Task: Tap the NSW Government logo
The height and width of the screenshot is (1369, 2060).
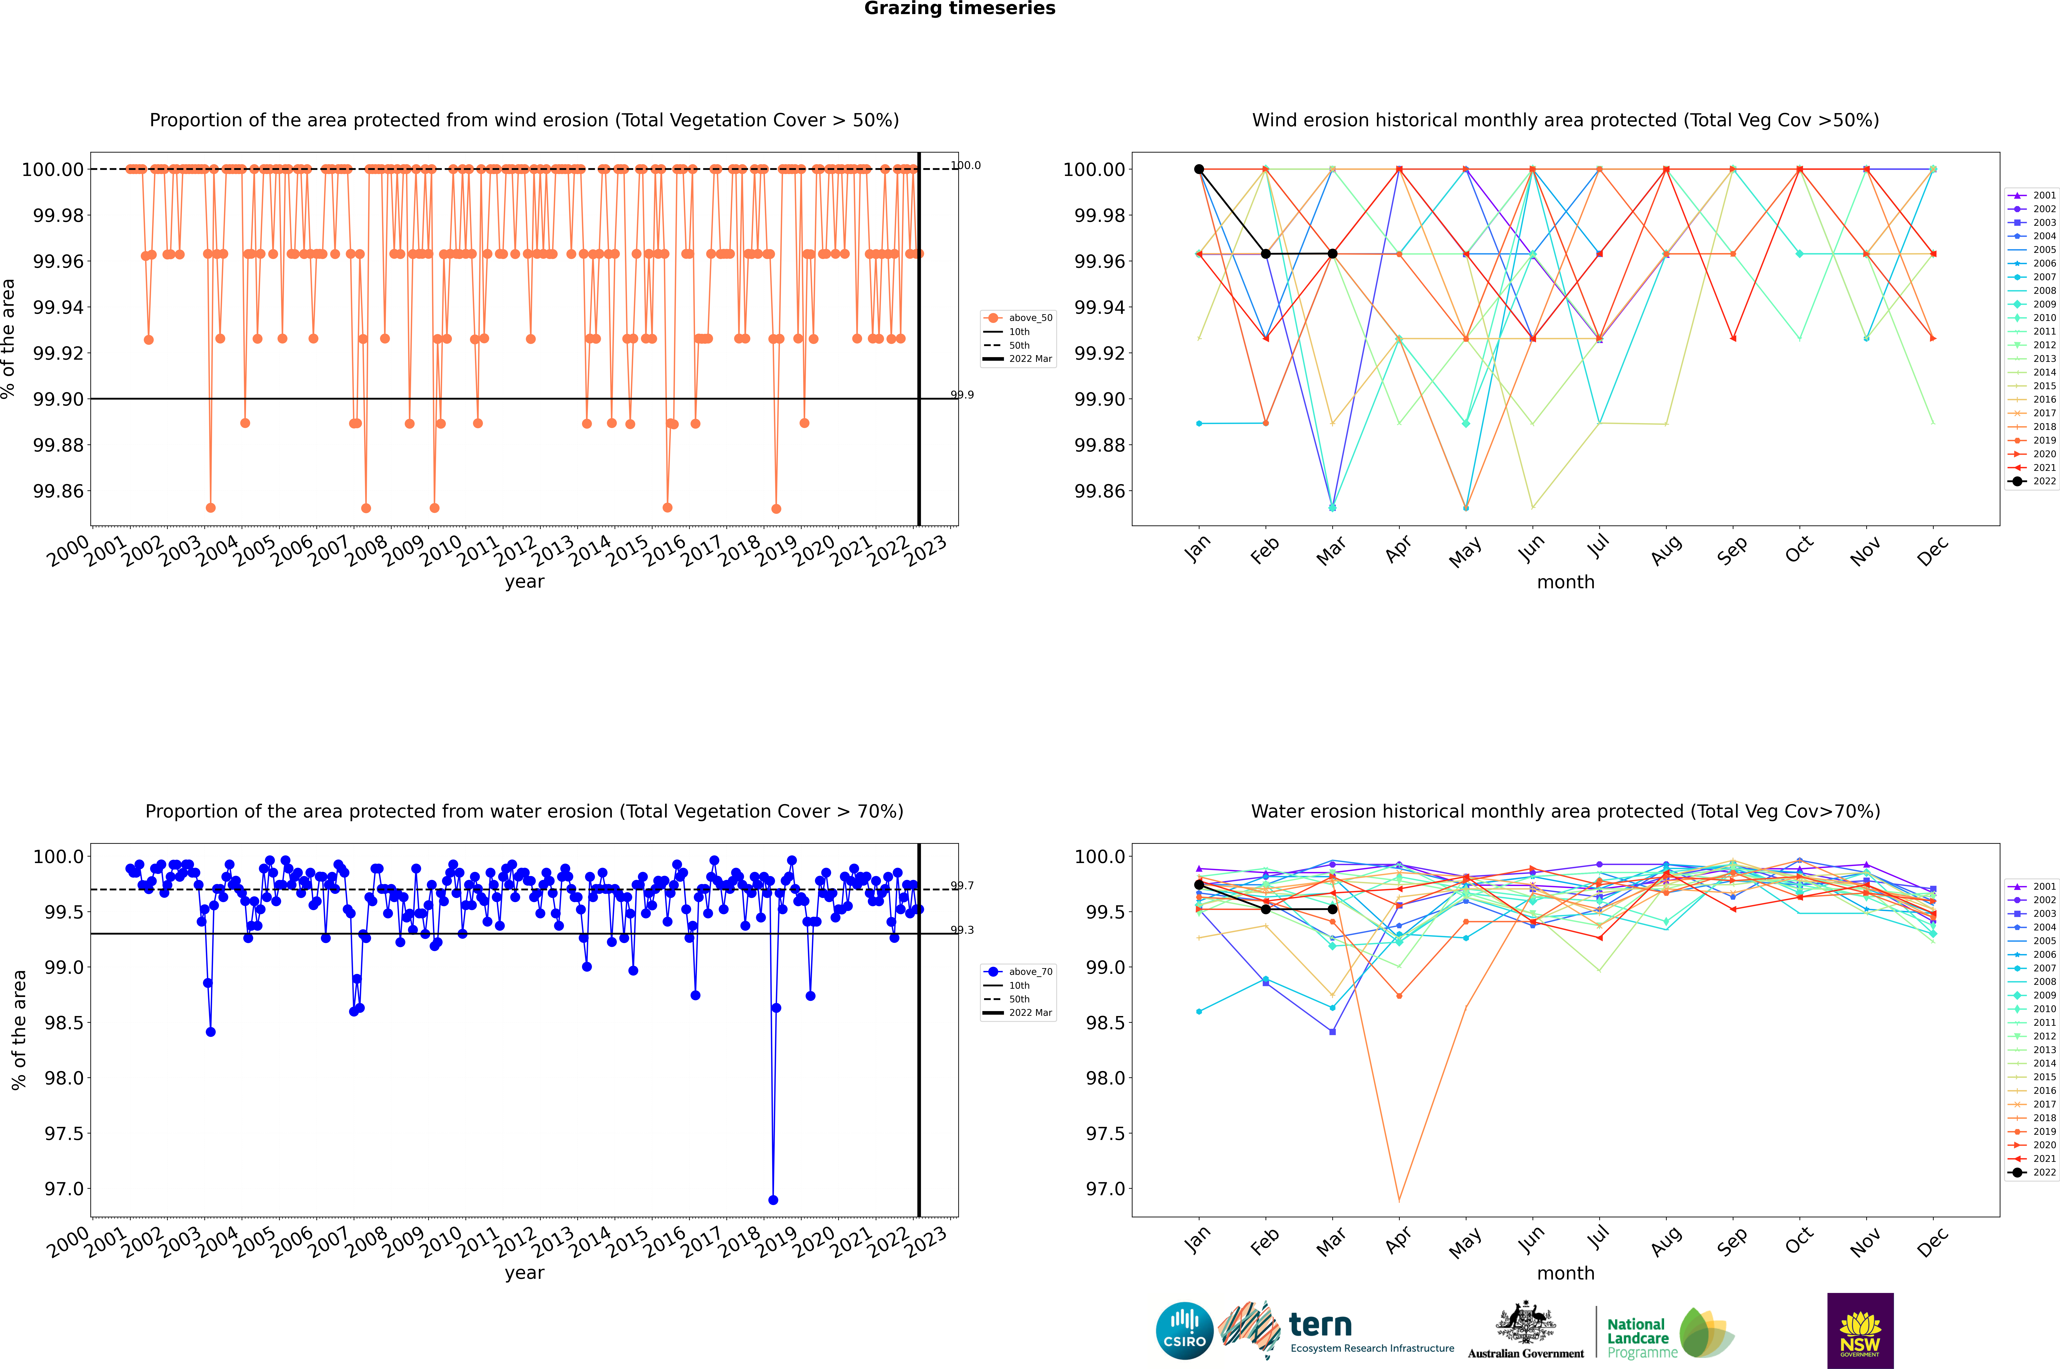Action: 1860,1331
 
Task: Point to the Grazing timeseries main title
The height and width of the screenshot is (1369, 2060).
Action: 960,9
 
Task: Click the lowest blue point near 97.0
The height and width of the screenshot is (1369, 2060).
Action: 773,1200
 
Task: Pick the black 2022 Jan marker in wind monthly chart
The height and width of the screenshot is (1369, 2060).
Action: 1199,169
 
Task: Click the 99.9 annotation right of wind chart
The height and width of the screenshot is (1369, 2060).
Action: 962,395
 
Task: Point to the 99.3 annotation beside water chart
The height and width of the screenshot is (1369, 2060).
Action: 962,930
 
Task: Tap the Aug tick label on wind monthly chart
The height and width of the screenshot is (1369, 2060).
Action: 1666,550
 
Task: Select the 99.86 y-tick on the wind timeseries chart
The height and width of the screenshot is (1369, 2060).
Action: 59,491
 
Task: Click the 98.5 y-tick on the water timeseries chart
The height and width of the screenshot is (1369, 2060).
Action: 65,1022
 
